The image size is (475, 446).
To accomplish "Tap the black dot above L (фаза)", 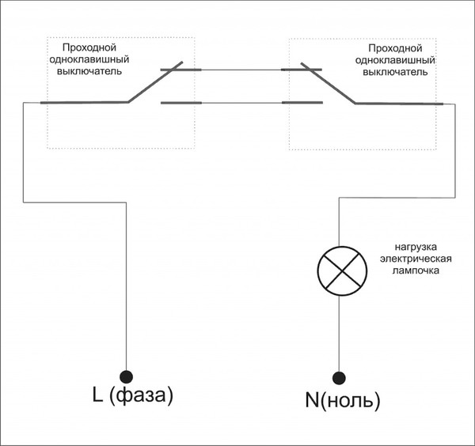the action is [x=126, y=376].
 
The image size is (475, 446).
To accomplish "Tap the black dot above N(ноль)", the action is [x=339, y=378].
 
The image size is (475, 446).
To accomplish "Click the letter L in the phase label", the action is [x=97, y=395].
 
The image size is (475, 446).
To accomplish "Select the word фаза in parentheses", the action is [x=141, y=395].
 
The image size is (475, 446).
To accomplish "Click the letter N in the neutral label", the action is [x=312, y=400].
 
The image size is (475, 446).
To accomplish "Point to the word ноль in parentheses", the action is [x=350, y=401].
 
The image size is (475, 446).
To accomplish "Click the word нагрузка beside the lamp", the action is [x=416, y=248].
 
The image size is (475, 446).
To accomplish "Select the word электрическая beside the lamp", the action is [x=416, y=259].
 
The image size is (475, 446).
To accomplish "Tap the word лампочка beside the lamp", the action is [x=416, y=270].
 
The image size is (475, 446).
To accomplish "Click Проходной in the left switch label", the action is [x=89, y=47].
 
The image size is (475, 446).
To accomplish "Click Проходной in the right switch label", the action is [x=395, y=48].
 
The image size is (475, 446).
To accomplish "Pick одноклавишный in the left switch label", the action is [x=89, y=59].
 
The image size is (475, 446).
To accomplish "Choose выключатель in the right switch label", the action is [x=395, y=72].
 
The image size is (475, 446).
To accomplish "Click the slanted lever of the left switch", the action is [x=155, y=82].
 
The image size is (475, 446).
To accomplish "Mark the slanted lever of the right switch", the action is [x=328, y=83].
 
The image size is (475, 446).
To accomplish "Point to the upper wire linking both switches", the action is [x=241, y=70].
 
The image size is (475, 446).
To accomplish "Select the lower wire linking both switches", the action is [x=241, y=103].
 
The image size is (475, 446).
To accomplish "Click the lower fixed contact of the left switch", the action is [x=180, y=103].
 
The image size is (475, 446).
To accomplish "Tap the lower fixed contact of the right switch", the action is [x=302, y=103].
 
